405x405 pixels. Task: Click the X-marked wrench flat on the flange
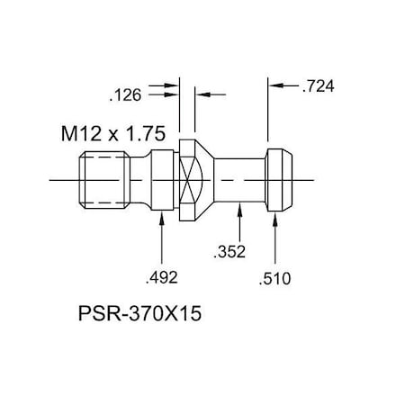189,181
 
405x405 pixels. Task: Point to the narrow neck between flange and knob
238,180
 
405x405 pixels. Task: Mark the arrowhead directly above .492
160,220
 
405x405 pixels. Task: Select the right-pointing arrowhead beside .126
174,92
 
